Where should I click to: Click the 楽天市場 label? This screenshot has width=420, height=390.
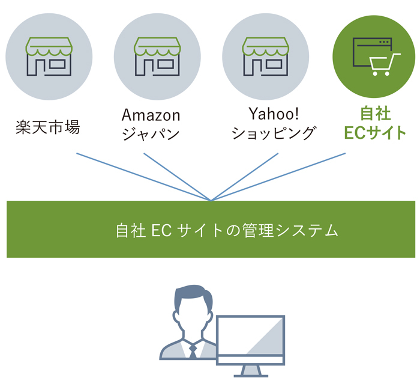click(47, 127)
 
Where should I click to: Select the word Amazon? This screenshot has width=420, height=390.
click(151, 115)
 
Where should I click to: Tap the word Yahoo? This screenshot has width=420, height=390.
click(274, 114)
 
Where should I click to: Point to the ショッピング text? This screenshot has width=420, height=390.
click(274, 133)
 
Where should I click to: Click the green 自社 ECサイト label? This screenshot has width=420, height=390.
click(375, 123)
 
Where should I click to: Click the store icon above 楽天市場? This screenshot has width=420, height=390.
click(49, 56)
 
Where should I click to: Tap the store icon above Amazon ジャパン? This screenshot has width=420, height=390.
click(157, 56)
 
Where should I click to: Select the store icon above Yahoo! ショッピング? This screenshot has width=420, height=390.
click(265, 56)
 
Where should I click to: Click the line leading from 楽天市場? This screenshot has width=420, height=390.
click(143, 177)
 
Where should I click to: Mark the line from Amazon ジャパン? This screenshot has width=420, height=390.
click(178, 177)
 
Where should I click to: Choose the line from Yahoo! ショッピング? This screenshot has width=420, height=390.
click(245, 177)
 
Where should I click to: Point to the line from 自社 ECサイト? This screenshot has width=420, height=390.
click(278, 177)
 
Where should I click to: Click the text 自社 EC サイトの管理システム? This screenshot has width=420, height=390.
click(227, 230)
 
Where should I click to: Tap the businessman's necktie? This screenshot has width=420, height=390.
click(193, 352)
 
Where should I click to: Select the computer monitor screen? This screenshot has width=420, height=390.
click(250, 336)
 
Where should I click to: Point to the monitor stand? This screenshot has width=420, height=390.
click(251, 371)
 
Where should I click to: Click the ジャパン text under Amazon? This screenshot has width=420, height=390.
click(151, 133)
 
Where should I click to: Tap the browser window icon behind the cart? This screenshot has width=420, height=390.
click(372, 52)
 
